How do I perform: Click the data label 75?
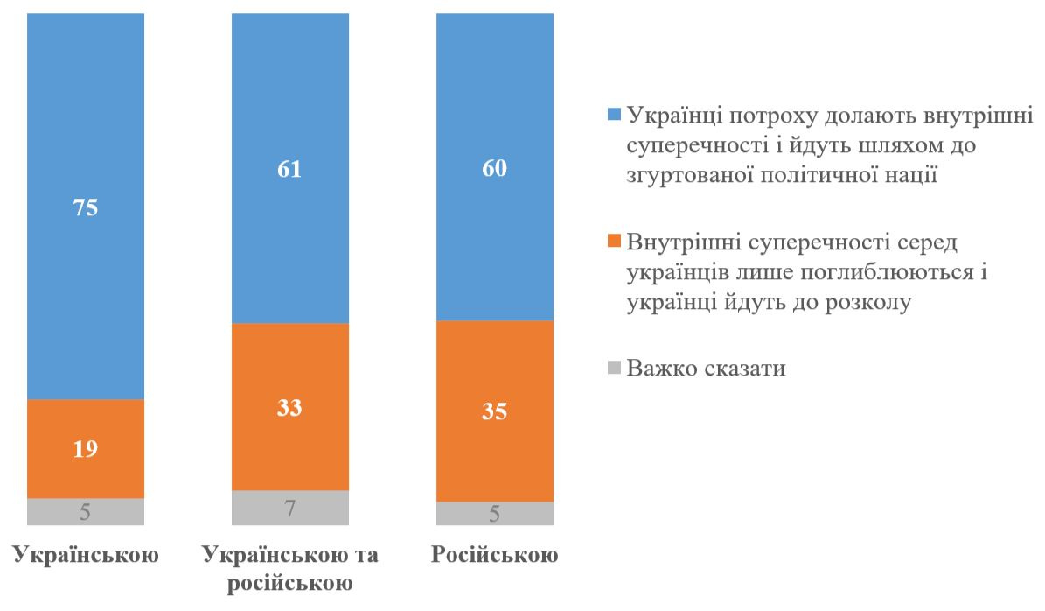click(86, 210)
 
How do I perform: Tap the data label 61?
click(290, 169)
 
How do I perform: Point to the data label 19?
click(86, 450)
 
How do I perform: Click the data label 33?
click(290, 408)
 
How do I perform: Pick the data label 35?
click(495, 411)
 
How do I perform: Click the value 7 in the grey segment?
click(290, 509)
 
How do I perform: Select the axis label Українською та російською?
click(290, 569)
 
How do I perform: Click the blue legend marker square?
click(613, 114)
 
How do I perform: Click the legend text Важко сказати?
click(707, 369)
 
